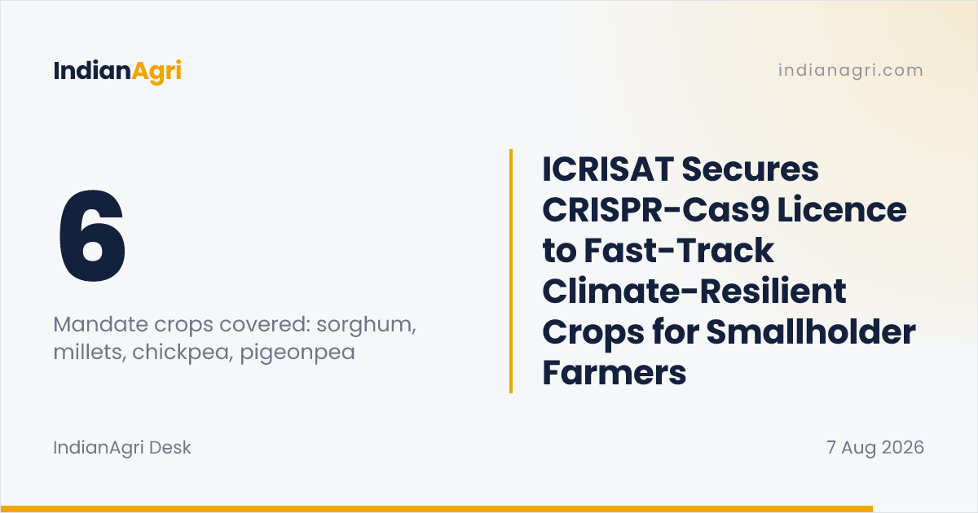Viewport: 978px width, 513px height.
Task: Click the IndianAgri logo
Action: [117, 71]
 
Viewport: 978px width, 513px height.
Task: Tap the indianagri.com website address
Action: [851, 70]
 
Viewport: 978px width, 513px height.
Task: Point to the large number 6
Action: [93, 235]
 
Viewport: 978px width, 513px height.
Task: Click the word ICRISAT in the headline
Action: [608, 169]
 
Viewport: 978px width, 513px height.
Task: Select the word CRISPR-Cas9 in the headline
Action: [656, 210]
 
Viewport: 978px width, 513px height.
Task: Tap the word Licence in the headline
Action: [842, 210]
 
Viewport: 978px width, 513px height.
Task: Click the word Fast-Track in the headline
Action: [679, 251]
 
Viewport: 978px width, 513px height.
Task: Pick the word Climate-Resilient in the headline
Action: [694, 291]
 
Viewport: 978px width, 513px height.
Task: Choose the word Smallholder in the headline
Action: [811, 332]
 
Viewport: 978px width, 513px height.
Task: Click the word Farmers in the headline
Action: [615, 373]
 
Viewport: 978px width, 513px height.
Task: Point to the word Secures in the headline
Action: [750, 169]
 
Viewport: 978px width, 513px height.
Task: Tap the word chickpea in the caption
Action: [181, 353]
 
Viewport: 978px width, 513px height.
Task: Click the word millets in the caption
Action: [90, 353]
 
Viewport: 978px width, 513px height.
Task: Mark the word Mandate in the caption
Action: [100, 324]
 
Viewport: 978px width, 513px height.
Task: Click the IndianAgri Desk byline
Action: [122, 448]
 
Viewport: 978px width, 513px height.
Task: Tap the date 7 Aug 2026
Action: [875, 448]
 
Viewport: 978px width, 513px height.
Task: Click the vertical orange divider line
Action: [511, 271]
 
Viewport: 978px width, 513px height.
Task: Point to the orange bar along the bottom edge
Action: [437, 509]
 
